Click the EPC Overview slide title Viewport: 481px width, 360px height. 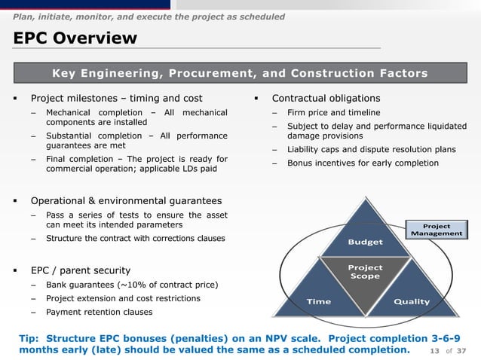click(74, 38)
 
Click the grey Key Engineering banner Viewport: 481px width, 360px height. click(240, 73)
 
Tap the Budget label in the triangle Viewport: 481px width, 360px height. click(365, 243)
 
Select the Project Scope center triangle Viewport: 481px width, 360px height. click(365, 273)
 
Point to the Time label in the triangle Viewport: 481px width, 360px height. click(318, 302)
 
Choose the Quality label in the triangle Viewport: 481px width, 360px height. click(412, 302)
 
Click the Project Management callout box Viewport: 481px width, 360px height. click(437, 230)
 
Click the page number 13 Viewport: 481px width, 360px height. click(434, 352)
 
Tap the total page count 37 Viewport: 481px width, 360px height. click(463, 352)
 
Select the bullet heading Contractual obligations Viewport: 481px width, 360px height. click(326, 99)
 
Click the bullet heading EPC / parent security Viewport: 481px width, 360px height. click(80, 270)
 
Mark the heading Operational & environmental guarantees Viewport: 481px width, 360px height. click(126, 201)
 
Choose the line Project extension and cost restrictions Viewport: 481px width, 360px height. click(123, 298)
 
